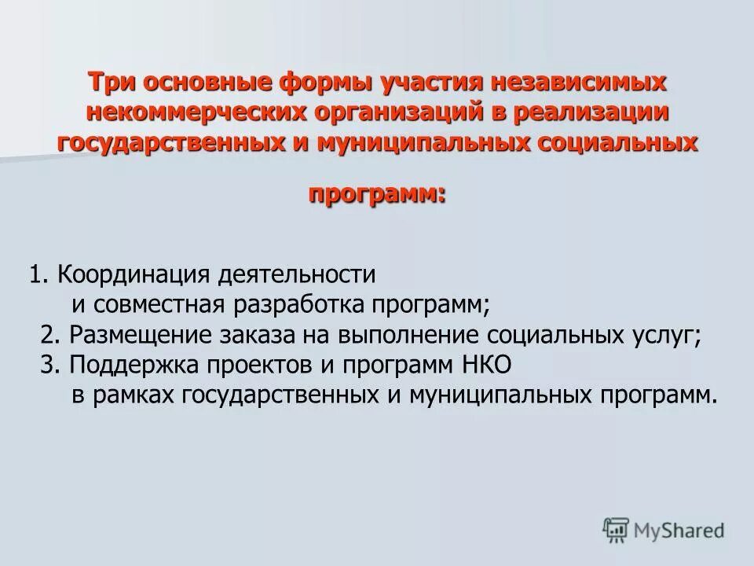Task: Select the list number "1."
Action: [x=41, y=275]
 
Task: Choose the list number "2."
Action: [x=51, y=334]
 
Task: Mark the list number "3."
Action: [x=51, y=364]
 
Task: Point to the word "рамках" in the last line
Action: [x=132, y=394]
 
